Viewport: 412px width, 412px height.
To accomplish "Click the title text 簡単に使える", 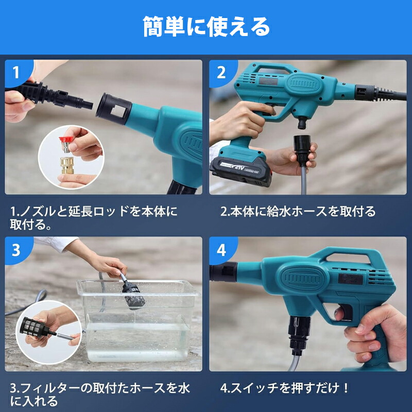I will pos(206,27).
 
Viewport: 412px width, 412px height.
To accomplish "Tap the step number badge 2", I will pos(221,72).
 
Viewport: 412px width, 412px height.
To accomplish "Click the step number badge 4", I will pos(221,250).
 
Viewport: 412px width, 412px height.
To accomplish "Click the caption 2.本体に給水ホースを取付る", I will pos(298,211).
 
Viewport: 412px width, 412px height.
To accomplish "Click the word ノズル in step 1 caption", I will pos(37,211).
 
